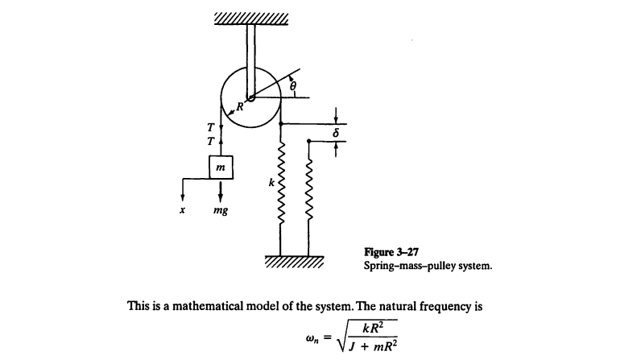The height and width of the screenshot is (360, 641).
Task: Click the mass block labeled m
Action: (220, 166)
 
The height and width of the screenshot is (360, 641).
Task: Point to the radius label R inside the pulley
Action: (239, 104)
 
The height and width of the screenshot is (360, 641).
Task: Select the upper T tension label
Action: (210, 126)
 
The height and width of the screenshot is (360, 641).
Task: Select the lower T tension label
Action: (210, 140)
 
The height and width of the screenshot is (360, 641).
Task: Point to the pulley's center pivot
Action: (250, 97)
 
